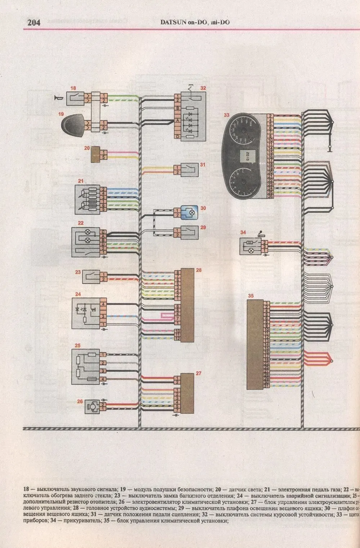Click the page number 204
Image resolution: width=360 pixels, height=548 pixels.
(x=33, y=22)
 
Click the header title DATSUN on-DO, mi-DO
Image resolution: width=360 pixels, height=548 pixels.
(x=195, y=22)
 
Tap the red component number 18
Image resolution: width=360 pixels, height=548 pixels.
(x=73, y=88)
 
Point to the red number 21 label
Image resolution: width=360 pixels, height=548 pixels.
(x=81, y=181)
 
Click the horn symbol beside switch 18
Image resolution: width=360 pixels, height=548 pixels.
(x=57, y=98)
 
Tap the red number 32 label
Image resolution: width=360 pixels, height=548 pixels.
(x=203, y=88)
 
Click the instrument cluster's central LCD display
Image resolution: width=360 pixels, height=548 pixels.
(x=247, y=156)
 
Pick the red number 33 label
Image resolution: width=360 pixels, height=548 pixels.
(x=226, y=116)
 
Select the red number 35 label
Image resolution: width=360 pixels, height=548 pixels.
(x=251, y=296)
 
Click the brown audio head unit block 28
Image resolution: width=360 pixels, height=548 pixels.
(x=187, y=304)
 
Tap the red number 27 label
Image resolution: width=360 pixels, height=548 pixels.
(x=198, y=373)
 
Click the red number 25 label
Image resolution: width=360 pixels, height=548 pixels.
(x=77, y=346)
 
